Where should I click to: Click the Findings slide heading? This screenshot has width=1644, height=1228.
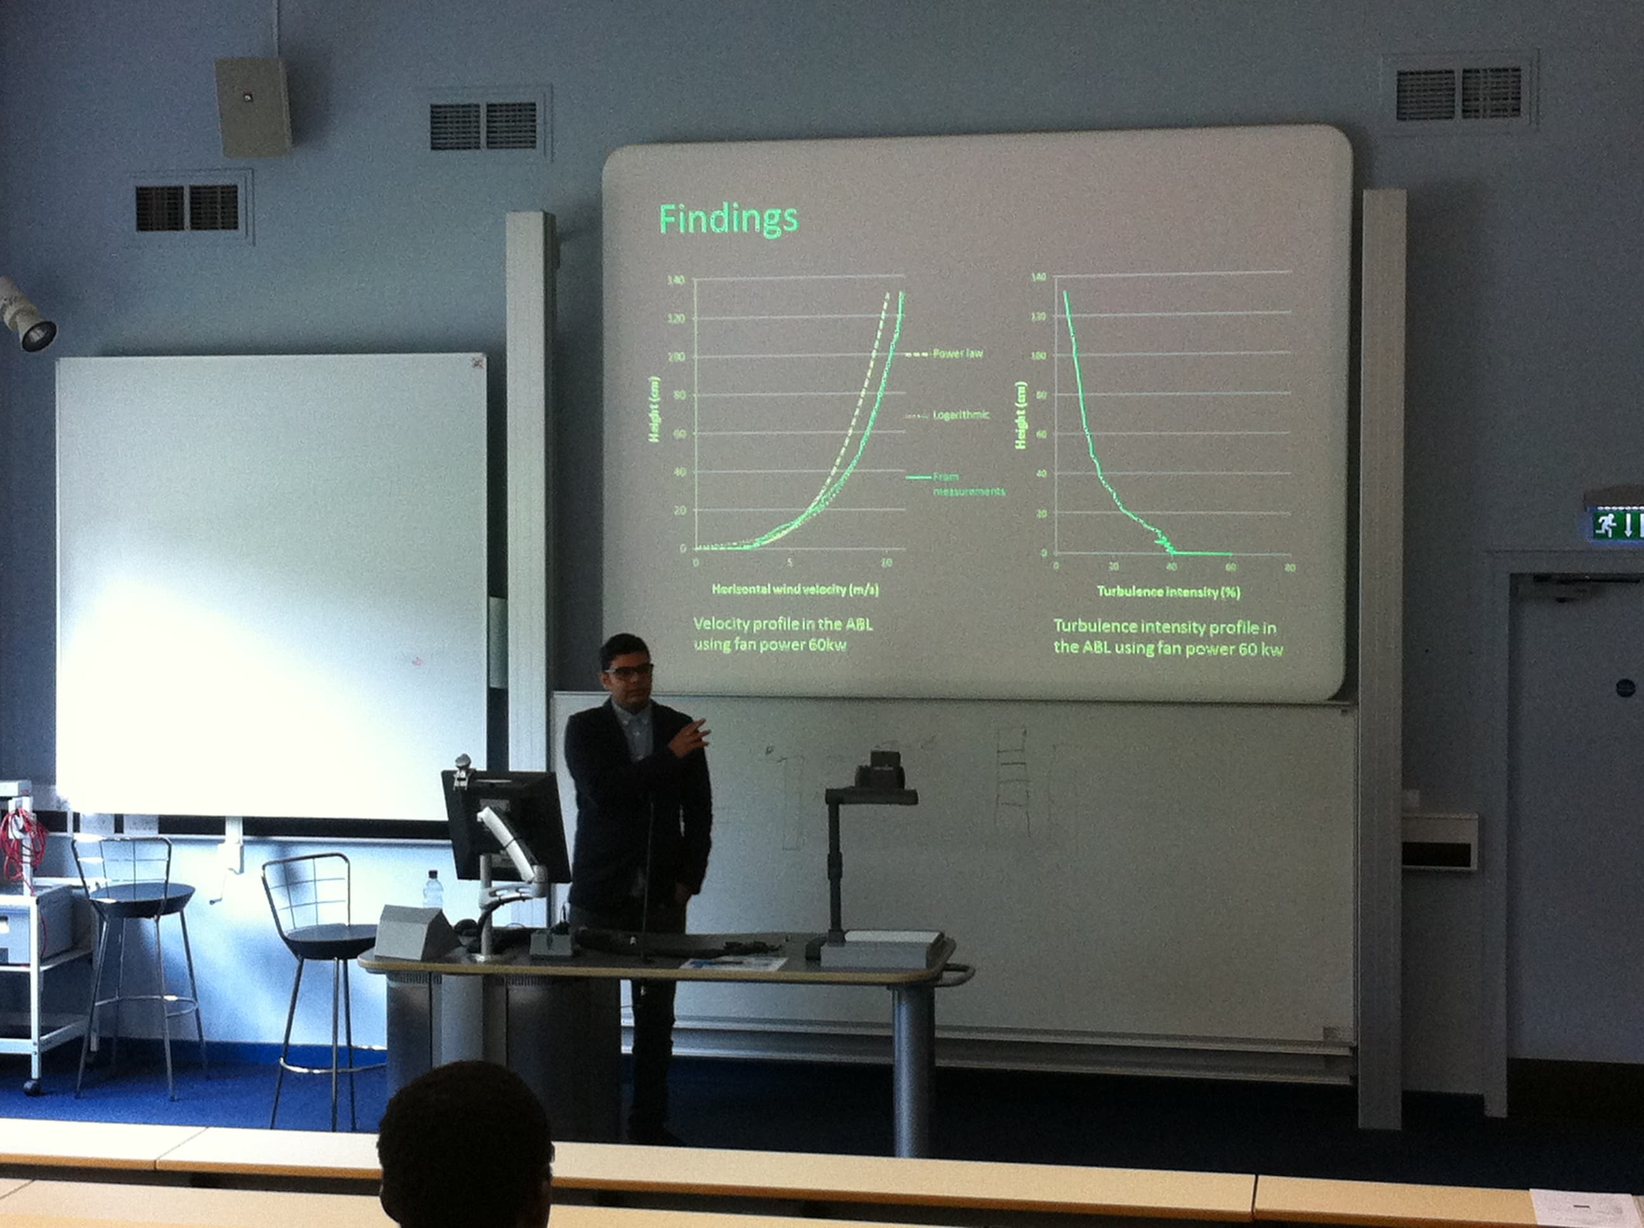point(728,219)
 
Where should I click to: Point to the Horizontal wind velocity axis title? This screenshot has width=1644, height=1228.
point(795,589)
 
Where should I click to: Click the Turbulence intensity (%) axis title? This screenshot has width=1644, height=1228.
point(1168,592)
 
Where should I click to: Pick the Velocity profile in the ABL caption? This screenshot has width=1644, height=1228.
point(783,633)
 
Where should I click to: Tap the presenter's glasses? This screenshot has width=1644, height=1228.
point(629,671)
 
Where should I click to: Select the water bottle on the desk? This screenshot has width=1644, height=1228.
point(433,890)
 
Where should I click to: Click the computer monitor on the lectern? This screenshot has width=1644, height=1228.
point(506,825)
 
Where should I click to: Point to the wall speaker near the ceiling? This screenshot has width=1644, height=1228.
point(252,107)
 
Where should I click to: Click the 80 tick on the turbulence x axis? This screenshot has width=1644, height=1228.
point(1290,568)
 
